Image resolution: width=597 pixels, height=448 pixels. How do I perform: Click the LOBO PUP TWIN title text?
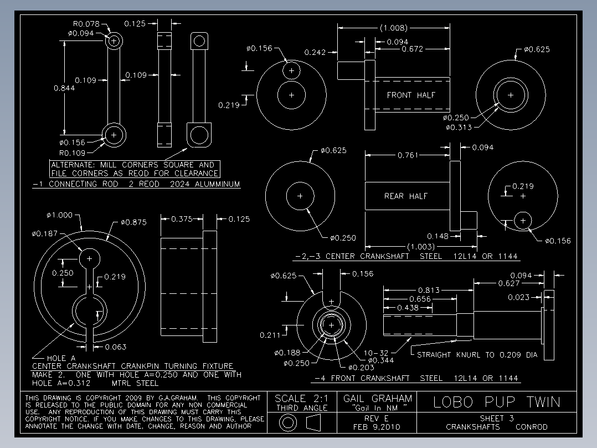tap(497, 402)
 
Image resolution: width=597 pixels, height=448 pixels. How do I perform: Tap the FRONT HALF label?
tap(411, 95)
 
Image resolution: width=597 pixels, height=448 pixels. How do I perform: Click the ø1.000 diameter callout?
tap(60, 215)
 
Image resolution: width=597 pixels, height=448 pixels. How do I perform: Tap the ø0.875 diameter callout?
tap(133, 222)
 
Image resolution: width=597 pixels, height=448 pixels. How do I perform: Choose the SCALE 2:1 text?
tap(302, 399)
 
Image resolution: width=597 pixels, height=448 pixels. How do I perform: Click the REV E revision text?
tap(376, 418)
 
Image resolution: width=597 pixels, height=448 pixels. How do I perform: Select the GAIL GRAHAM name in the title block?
tap(378, 399)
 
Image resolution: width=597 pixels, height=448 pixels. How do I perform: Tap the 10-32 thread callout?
tap(376, 353)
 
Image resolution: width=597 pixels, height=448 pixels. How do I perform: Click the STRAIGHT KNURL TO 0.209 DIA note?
tap(476, 355)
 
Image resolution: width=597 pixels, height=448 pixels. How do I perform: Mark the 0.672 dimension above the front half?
tap(412, 49)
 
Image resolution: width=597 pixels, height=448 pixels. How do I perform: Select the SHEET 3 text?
tap(497, 418)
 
